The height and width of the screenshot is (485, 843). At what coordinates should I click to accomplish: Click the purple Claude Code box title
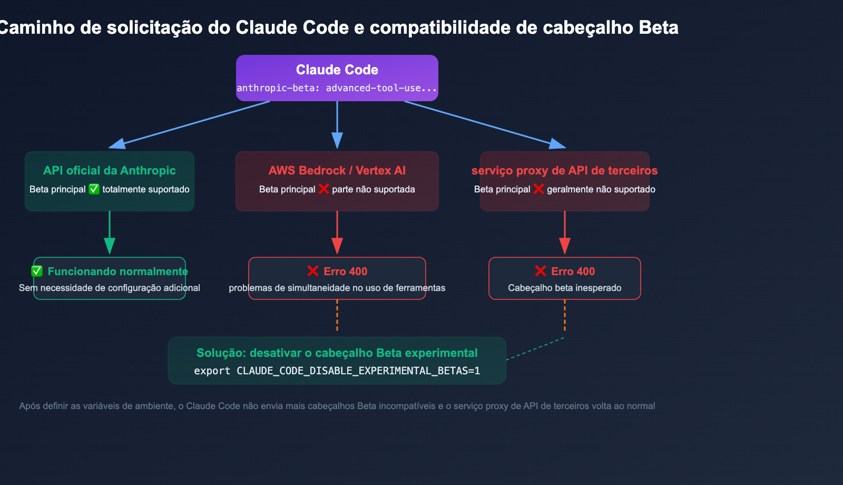point(337,70)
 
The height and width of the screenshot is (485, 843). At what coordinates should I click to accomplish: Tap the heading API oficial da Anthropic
point(110,170)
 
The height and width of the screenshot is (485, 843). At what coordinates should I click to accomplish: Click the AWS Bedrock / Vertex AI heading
point(337,170)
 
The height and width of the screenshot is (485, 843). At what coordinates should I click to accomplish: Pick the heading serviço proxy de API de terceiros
point(564,170)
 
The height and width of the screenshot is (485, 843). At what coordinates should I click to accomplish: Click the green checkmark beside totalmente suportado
point(94,189)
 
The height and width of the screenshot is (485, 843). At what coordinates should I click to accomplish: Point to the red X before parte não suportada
point(324,189)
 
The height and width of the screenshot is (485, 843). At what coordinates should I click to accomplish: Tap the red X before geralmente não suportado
point(538,189)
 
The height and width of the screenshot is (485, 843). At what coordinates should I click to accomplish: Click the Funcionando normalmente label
point(117,271)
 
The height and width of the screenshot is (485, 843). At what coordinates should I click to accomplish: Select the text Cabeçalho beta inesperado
point(564,288)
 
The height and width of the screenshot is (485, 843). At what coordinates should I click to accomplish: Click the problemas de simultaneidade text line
point(337,288)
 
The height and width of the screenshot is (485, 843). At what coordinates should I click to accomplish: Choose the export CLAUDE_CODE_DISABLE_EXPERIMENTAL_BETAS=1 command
point(337,371)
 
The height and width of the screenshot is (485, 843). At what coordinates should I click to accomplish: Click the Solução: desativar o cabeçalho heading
point(337,353)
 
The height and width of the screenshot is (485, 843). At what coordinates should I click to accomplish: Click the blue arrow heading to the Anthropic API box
point(190,124)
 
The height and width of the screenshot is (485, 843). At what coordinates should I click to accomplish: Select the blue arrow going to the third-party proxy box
point(485,124)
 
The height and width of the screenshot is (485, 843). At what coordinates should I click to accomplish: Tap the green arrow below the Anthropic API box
point(110,232)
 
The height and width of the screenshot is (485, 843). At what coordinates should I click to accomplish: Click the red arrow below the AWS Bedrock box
point(337,232)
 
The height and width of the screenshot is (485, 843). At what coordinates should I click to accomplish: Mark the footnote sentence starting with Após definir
point(337,406)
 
